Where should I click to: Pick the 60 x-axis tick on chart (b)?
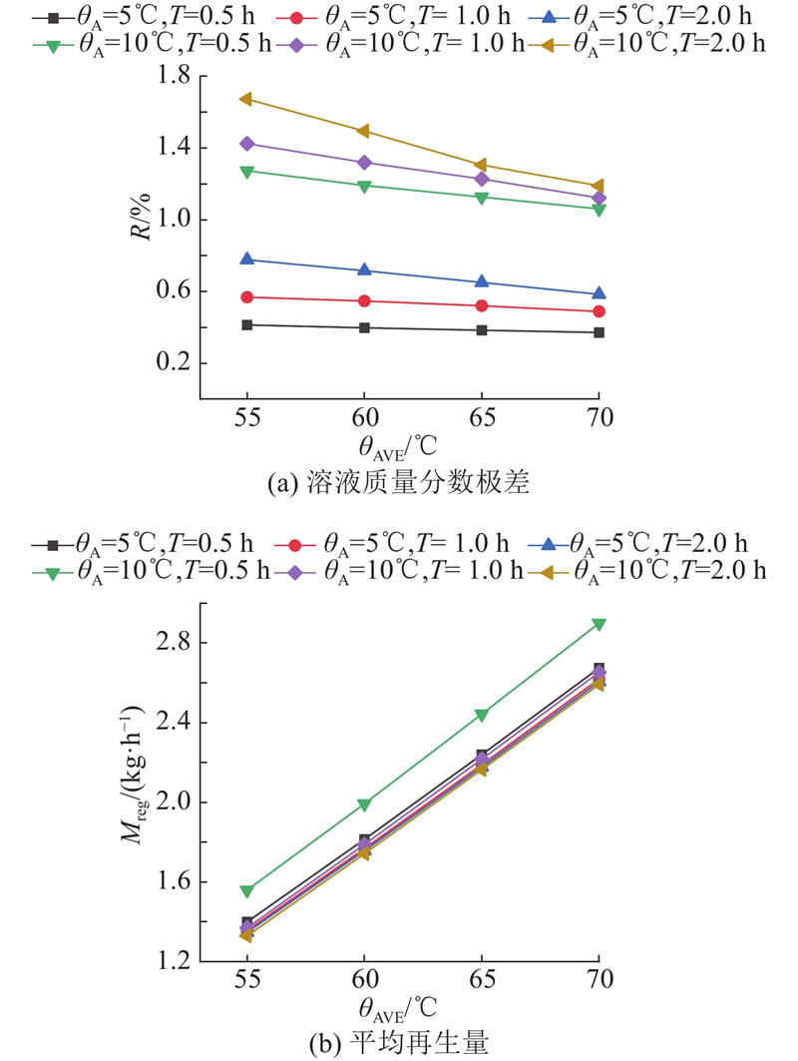click(x=364, y=977)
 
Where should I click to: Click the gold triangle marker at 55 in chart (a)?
click(x=246, y=99)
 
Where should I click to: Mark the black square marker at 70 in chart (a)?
click(x=598, y=332)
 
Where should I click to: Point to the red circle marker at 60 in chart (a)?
click(x=364, y=300)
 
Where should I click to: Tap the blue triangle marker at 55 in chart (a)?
click(x=246, y=260)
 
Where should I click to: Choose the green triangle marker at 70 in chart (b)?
click(x=598, y=625)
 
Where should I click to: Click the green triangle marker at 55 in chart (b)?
click(x=246, y=891)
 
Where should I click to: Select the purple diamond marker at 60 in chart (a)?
click(x=364, y=162)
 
